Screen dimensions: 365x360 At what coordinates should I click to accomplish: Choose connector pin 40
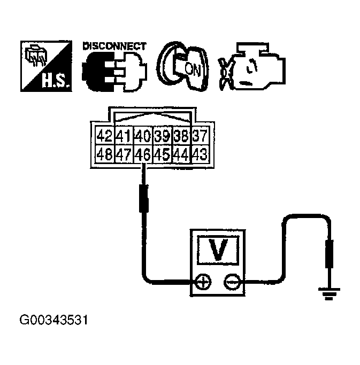(142, 135)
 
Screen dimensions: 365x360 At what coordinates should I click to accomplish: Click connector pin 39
(162, 135)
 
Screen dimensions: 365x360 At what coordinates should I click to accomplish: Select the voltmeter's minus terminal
(232, 282)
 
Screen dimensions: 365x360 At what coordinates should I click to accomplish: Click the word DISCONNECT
(114, 46)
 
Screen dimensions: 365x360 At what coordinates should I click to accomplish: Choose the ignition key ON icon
(182, 68)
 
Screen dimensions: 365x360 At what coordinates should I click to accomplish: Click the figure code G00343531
(53, 322)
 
